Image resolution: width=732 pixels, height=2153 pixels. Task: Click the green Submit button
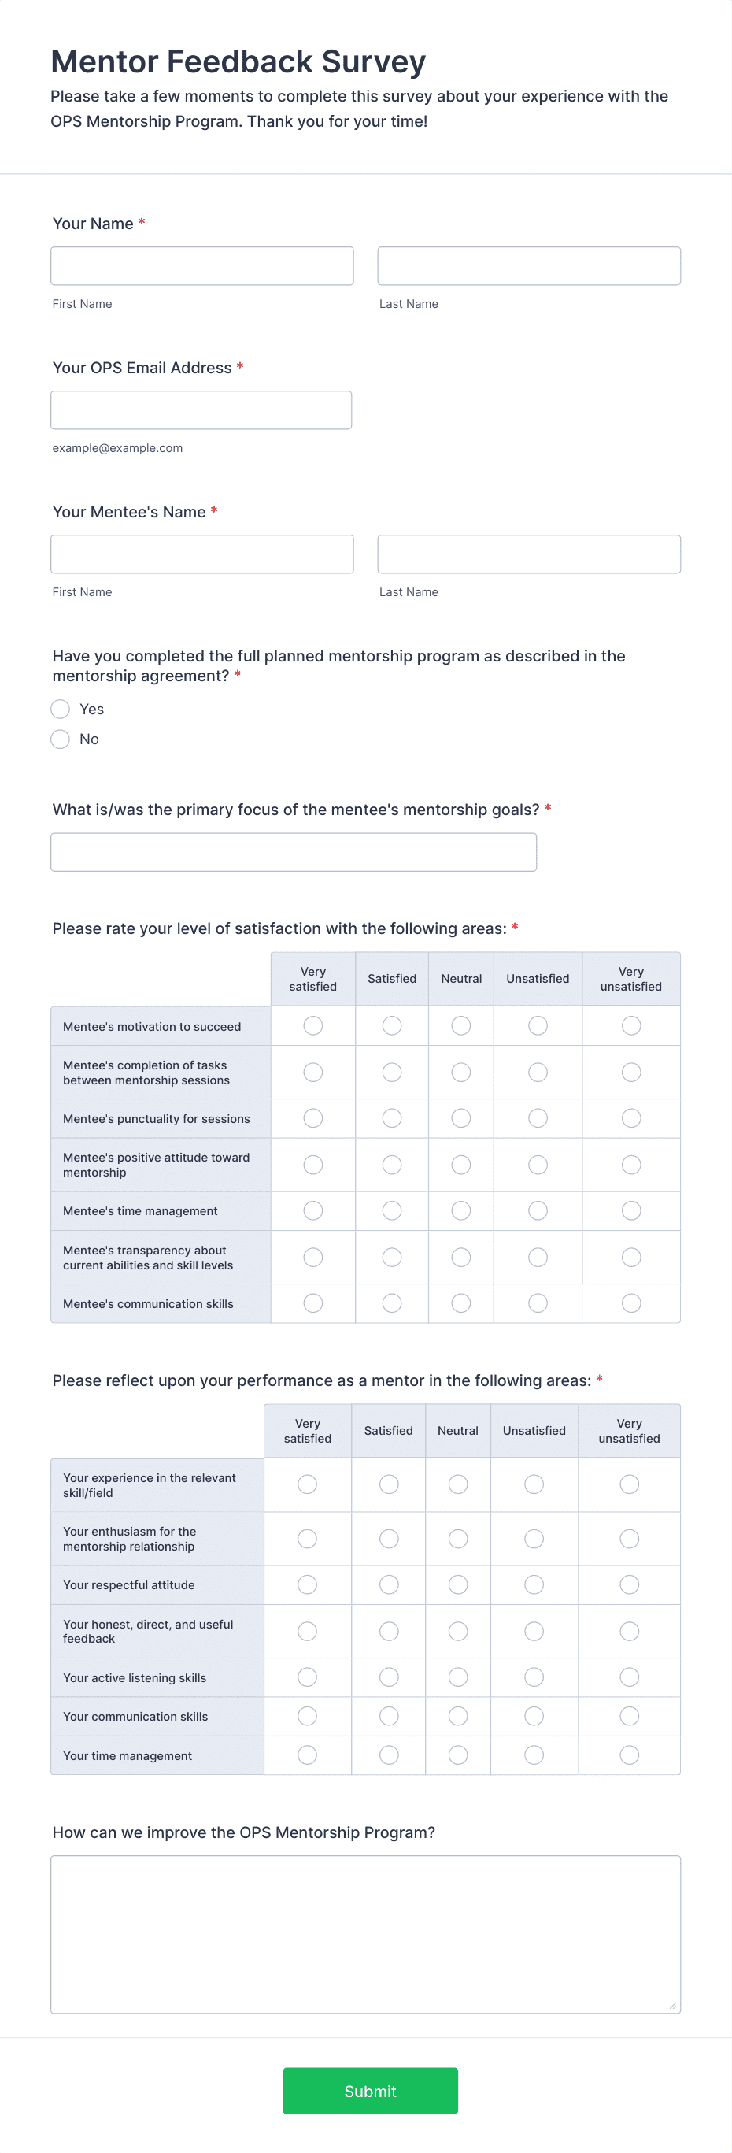pos(370,2090)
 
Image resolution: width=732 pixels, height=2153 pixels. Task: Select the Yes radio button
pos(60,709)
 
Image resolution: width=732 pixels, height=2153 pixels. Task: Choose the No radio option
pos(60,739)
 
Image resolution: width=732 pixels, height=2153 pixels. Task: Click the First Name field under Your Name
pos(201,266)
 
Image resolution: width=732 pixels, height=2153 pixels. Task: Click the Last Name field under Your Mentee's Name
pos(528,554)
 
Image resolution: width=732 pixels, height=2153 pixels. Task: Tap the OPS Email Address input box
pos(201,410)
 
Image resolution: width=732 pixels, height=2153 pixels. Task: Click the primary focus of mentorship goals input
pos(294,852)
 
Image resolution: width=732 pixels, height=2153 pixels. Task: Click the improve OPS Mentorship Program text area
pos(365,1934)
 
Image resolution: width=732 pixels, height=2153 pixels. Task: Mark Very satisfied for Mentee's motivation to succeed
pos(313,1025)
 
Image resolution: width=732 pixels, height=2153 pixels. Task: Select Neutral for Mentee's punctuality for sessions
pos(461,1118)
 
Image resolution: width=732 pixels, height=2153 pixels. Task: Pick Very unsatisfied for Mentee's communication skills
pos(631,1303)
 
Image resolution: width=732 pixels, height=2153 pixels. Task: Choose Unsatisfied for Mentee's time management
pos(538,1210)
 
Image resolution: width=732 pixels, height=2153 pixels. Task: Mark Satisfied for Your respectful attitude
pos(389,1584)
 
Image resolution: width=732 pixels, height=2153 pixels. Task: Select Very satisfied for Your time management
pos(308,1755)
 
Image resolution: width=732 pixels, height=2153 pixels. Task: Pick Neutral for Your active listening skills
pos(458,1677)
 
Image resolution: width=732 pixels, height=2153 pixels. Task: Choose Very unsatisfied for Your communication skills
pos(629,1716)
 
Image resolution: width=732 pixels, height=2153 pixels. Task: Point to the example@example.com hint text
pos(117,448)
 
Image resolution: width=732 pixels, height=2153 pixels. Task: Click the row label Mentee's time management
pos(140,1211)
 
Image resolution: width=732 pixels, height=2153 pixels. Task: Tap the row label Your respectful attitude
pos(128,1585)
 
